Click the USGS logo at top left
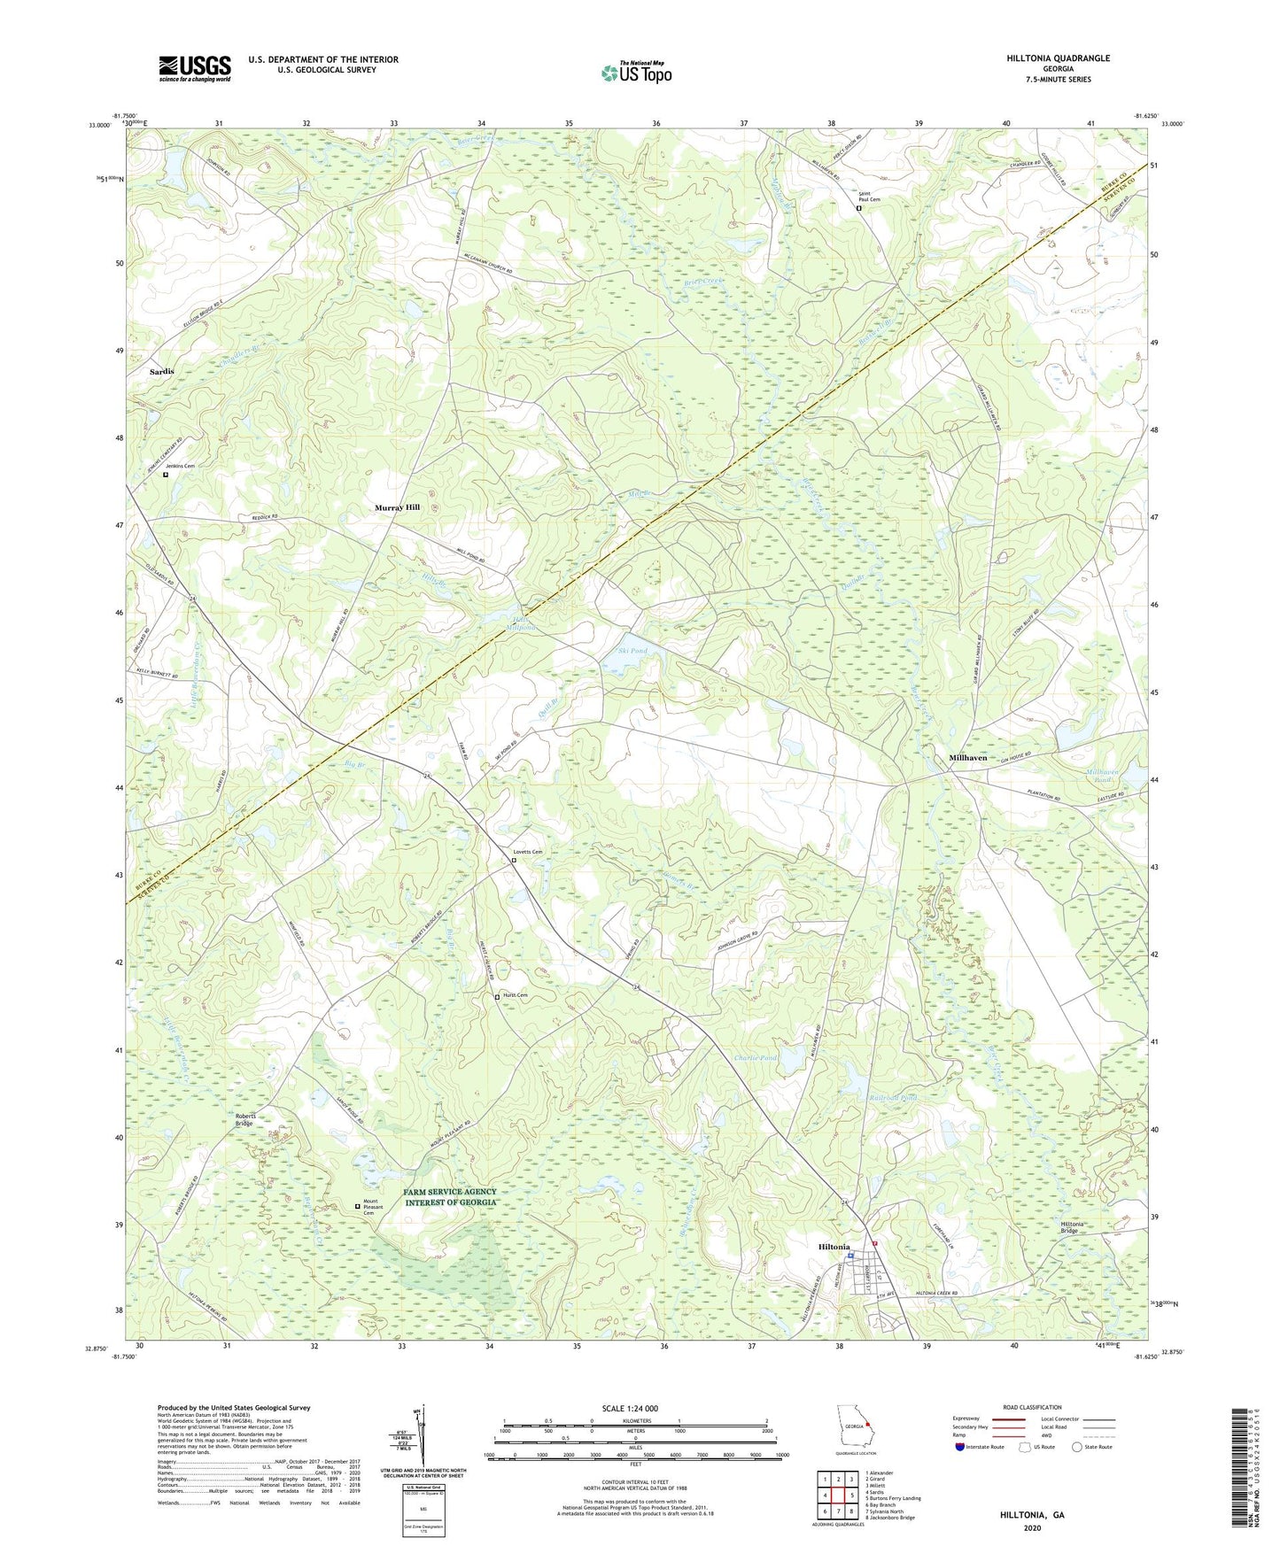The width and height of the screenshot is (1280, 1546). [195, 68]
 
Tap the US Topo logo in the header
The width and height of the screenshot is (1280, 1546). [636, 73]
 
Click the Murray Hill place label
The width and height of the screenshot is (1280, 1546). [397, 507]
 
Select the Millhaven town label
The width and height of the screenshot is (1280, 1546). [967, 758]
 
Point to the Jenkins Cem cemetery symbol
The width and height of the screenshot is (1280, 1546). [166, 475]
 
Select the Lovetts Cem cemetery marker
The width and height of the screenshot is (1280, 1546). [514, 860]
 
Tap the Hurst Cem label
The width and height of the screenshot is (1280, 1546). [515, 995]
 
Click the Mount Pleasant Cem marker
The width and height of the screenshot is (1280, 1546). [358, 1205]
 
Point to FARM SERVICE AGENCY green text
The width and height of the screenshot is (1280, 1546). [450, 1192]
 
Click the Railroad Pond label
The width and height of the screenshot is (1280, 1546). [893, 1098]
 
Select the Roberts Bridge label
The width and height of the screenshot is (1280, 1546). [244, 1119]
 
